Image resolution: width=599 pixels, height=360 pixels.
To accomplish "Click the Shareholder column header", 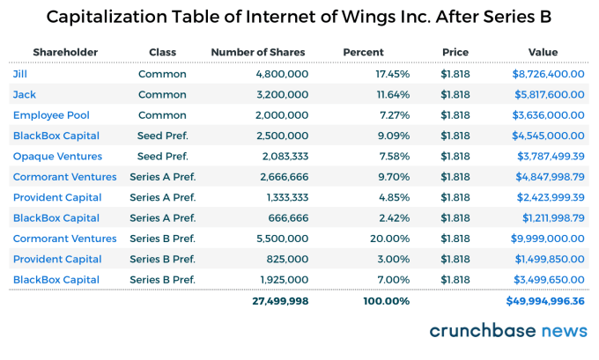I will point(66,53).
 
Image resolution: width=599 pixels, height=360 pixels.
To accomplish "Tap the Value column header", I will point(543,53).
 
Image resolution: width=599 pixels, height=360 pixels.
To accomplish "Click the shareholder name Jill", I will point(20,74).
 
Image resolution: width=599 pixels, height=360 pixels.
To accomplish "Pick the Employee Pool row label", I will point(51,115).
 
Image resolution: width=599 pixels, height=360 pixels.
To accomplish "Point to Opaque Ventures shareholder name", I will point(57,157).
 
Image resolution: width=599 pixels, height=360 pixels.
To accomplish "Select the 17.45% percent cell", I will point(390,74).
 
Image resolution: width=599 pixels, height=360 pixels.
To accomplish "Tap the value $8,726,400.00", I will point(548,74).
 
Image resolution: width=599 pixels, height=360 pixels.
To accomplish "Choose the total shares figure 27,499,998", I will point(273,301).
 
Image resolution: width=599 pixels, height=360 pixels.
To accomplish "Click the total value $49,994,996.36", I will point(544,301).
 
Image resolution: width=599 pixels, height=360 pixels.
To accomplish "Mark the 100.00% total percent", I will point(386,301).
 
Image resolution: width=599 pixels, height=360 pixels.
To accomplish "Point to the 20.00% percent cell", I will point(390,239).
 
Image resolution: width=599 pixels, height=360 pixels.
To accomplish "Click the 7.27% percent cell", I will point(393,115).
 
